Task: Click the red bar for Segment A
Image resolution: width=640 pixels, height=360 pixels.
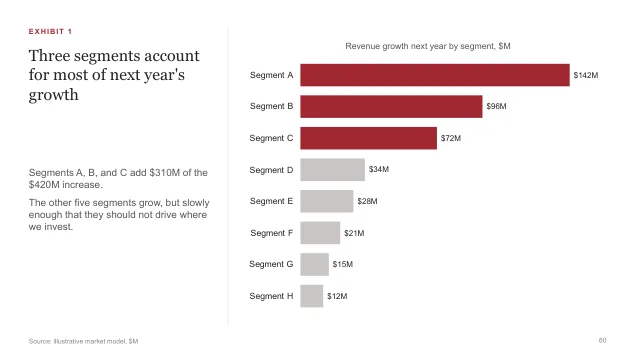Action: (435, 75)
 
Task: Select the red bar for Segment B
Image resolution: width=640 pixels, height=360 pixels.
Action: (391, 107)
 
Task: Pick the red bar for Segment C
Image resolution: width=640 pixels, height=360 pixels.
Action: (369, 138)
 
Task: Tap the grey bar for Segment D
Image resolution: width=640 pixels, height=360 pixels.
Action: (332, 169)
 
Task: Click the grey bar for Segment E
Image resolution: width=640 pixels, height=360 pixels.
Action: (327, 201)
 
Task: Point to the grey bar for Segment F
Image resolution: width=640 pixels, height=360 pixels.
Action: (320, 233)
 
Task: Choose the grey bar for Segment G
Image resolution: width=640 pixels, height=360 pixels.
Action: (314, 264)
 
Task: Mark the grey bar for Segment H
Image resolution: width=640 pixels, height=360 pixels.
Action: (311, 296)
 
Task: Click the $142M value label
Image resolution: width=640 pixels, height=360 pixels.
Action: (586, 75)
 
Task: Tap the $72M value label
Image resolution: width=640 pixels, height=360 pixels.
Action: (451, 138)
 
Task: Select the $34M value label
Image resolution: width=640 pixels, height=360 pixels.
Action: (379, 169)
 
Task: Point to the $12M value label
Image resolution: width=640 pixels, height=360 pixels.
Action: (337, 296)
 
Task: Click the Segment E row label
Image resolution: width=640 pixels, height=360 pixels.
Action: (271, 201)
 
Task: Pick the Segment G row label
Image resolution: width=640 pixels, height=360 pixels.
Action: (271, 264)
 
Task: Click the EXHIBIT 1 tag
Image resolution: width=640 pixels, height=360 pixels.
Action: (50, 31)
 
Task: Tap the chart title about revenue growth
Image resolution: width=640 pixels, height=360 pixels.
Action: (428, 46)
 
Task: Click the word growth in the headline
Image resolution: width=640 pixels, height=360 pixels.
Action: (53, 95)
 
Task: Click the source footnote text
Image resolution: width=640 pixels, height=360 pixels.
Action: (83, 341)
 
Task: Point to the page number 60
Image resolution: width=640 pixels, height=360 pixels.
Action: (602, 340)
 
